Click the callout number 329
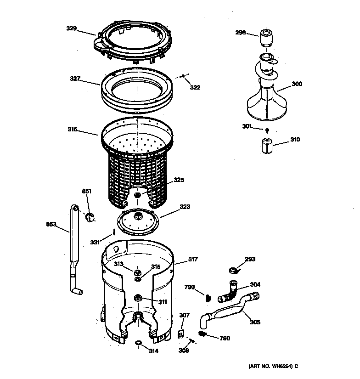[71, 28]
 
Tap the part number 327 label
[75, 79]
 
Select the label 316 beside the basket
[73, 130]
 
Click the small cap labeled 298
[266, 37]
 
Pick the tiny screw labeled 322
[183, 76]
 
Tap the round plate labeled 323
[138, 220]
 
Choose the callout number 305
[255, 322]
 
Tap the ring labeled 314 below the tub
[138, 342]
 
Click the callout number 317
[192, 260]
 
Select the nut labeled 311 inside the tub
[137, 299]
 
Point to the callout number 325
[179, 180]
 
